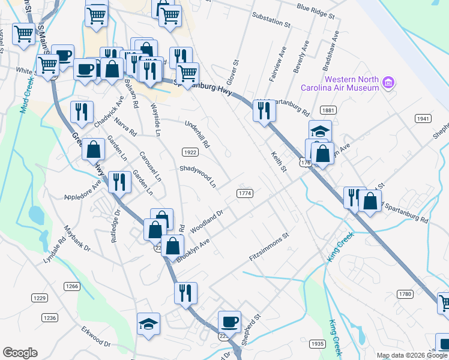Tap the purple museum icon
388,82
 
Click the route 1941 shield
423,119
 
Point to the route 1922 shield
190,152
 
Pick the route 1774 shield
244,193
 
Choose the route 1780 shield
405,294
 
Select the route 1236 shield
49,317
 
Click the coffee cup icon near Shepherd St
229,321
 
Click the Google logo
20,353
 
